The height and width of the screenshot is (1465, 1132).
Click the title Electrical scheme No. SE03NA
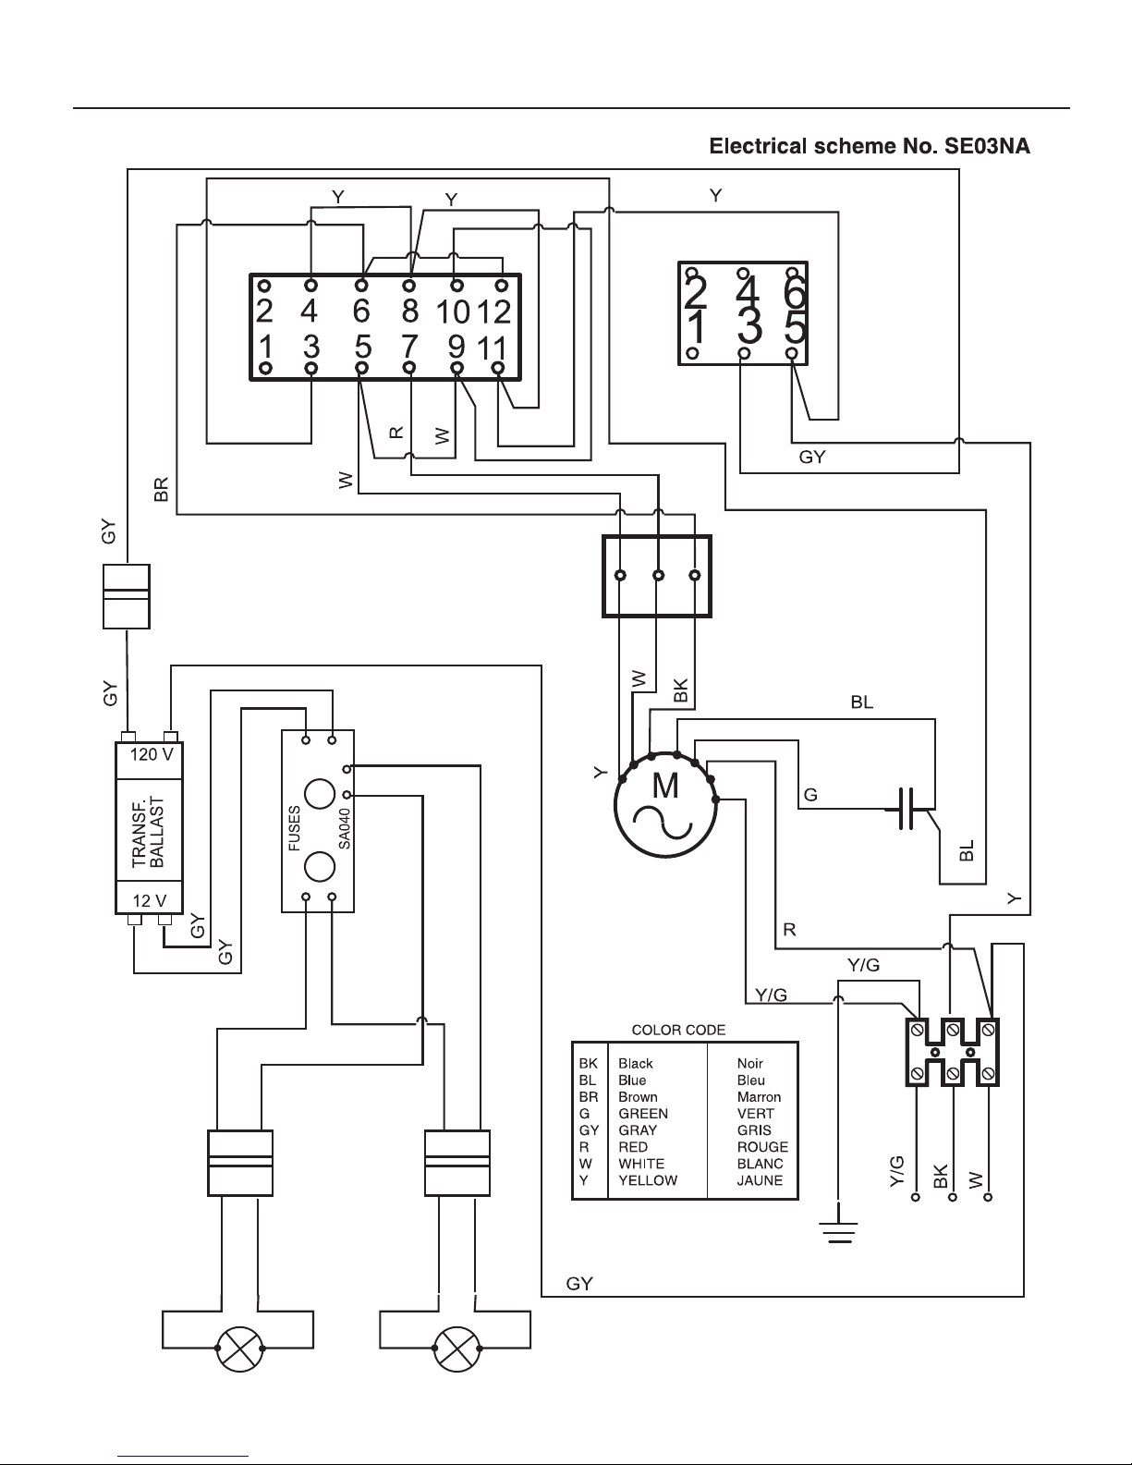[x=870, y=146]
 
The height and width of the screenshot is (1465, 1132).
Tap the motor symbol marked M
[x=665, y=805]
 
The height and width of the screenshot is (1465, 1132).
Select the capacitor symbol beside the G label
[x=907, y=808]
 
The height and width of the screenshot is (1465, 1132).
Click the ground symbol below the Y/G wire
[x=838, y=1231]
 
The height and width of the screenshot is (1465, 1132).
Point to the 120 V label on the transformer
[x=151, y=754]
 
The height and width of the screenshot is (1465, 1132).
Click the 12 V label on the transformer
[x=149, y=901]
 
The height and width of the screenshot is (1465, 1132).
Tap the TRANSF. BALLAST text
[x=148, y=832]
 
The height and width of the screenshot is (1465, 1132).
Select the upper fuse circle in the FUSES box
[x=320, y=794]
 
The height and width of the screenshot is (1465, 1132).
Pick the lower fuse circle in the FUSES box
[x=320, y=867]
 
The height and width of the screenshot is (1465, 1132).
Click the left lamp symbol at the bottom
[x=240, y=1349]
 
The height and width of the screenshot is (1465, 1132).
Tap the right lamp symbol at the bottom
[x=457, y=1349]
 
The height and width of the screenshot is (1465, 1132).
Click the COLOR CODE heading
[x=678, y=1030]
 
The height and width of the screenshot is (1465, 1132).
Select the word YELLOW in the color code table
[x=648, y=1179]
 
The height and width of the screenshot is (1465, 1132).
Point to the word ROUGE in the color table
[x=762, y=1146]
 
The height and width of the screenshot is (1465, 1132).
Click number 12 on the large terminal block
[x=493, y=311]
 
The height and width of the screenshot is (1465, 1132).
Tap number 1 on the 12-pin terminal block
[x=265, y=347]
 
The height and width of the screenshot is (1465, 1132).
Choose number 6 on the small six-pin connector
[x=795, y=292]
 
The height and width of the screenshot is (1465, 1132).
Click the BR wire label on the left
[x=161, y=490]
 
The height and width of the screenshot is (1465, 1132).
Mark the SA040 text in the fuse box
[x=344, y=828]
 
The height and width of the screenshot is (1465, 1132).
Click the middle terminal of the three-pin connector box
[x=658, y=575]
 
